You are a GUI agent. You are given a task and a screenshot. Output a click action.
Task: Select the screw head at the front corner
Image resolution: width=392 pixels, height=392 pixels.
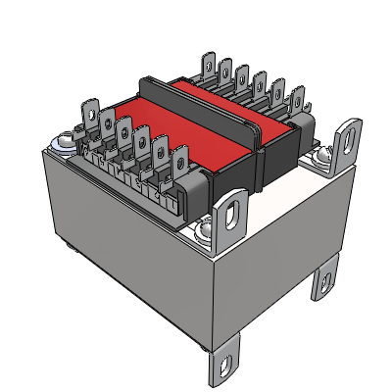pos(205,231)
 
